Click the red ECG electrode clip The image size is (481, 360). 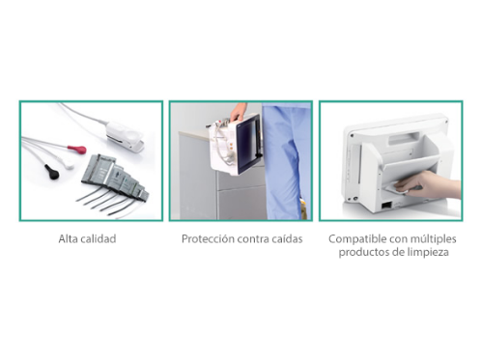point(77,150)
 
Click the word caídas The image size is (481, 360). point(287,239)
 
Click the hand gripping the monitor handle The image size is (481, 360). point(239,112)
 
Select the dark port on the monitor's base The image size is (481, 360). point(386,205)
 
